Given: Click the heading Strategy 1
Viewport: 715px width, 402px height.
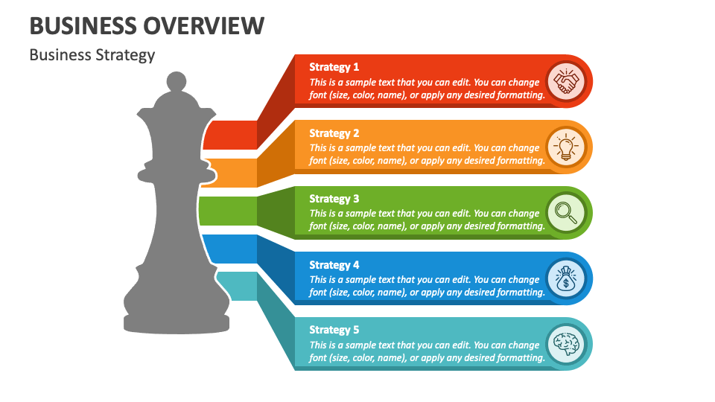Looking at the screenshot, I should (x=334, y=67).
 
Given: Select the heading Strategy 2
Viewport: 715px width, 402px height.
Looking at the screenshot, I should (x=334, y=133).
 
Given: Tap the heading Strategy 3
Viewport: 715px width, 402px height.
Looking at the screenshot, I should (x=334, y=199).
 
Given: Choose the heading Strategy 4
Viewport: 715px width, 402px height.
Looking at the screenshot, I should (x=334, y=265).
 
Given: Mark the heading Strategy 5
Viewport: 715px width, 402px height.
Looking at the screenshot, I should (x=334, y=330).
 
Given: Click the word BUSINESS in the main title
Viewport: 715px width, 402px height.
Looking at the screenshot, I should (x=82, y=25).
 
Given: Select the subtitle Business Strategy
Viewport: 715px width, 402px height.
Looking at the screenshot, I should (x=92, y=55).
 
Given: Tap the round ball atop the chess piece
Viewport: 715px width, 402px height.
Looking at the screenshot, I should (x=176, y=80).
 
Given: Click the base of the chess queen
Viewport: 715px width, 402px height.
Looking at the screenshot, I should (x=177, y=322).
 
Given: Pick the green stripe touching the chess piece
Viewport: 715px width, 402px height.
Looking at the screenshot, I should (x=227, y=211).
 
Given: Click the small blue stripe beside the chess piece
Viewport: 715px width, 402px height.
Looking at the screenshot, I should (x=229, y=249).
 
